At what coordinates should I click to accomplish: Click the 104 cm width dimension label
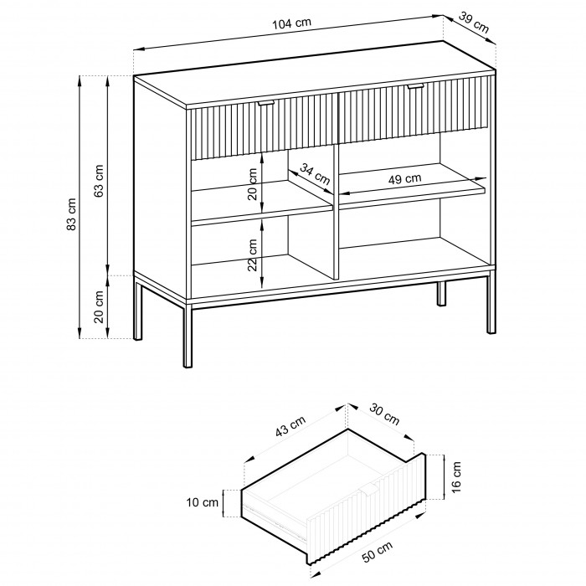click(291, 23)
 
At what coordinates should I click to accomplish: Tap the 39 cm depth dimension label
click(474, 23)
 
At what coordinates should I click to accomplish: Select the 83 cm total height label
click(71, 213)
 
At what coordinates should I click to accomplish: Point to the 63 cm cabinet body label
click(99, 181)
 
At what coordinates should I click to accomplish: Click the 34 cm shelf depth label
click(315, 174)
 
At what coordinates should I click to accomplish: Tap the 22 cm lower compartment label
click(253, 254)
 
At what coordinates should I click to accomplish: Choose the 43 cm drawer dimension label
click(290, 426)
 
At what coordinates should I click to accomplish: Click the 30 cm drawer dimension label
click(384, 414)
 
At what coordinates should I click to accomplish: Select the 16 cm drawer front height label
click(456, 477)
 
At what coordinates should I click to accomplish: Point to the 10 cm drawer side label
click(203, 502)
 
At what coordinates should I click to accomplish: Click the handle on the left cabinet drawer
click(265, 103)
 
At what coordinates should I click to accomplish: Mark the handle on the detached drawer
click(368, 490)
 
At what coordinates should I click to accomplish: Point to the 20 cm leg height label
click(99, 306)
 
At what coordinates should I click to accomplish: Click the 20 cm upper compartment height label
click(253, 184)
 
